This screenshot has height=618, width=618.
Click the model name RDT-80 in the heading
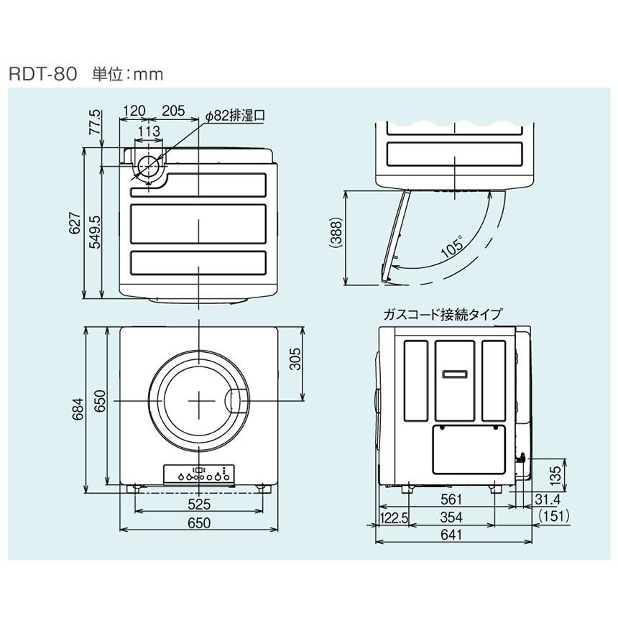tap(42, 74)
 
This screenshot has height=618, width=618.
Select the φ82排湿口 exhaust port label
tap(236, 114)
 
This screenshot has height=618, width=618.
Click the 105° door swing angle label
tap(451, 248)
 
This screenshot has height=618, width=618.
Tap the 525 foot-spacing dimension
tap(198, 504)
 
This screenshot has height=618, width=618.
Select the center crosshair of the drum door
tap(198, 400)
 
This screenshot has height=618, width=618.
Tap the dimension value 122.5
tap(394, 517)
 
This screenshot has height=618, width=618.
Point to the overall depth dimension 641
tap(452, 535)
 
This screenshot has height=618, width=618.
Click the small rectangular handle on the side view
tap(454, 374)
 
